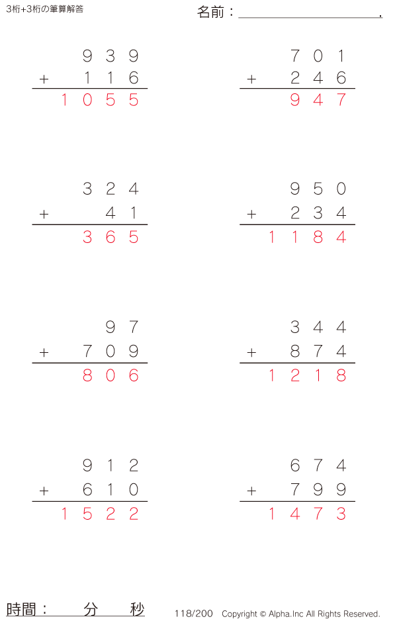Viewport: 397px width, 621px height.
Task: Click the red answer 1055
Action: coord(99,101)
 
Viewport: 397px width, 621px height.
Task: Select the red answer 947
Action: coord(318,101)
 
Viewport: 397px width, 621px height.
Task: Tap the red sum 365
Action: coord(110,237)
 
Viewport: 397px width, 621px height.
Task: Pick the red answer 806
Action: coord(110,375)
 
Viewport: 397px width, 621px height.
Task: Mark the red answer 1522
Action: coord(99,514)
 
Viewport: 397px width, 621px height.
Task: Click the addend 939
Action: coord(110,56)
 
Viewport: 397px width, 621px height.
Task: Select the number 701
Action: coord(318,56)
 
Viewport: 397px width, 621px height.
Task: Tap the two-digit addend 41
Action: coord(122,213)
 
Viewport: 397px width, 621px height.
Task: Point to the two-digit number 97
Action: coord(122,327)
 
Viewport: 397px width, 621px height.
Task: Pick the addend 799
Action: coord(318,490)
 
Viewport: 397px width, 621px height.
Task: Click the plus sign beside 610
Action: coord(44,491)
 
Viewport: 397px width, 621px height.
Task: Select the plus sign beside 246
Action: coord(251,79)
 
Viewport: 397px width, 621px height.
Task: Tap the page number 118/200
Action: coord(194,614)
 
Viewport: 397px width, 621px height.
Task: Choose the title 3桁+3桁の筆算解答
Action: coord(44,9)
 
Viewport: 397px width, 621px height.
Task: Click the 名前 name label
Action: coord(211,12)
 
